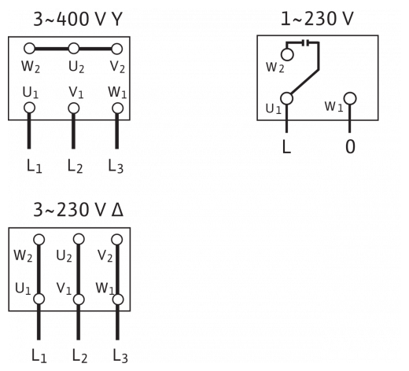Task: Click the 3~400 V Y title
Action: (78, 19)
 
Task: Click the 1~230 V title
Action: (317, 18)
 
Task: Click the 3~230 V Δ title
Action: (78, 210)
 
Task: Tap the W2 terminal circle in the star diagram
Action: (29, 49)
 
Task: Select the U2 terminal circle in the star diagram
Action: (74, 49)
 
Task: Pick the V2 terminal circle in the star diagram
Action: (117, 49)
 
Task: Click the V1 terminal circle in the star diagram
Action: (74, 108)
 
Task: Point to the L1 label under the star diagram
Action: (35, 166)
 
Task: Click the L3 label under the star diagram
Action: (116, 166)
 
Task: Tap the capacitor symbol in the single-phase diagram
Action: (306, 42)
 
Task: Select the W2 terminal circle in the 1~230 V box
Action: (287, 54)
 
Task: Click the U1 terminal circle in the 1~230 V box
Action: (287, 98)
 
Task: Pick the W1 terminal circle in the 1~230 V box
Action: (350, 99)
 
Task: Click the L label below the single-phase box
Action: (286, 146)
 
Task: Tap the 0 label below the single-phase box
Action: (350, 146)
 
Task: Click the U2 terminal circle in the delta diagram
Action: (79, 239)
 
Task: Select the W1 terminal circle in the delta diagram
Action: (118, 299)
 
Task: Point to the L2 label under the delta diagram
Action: (79, 356)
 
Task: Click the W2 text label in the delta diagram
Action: (23, 255)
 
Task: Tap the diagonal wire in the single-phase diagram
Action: (304, 82)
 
